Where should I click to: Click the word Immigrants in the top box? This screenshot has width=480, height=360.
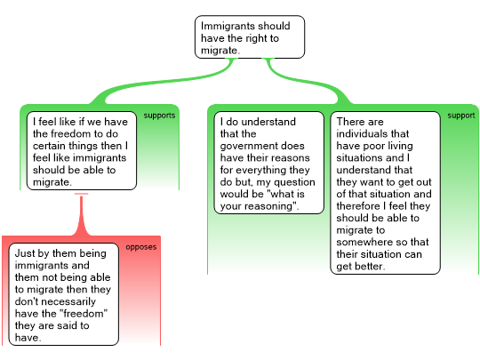coord(227,27)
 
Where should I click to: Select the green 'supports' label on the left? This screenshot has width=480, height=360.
coord(159,116)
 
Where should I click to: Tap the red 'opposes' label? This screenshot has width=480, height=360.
coord(140,247)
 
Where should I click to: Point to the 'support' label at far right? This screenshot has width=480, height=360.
coord(461,116)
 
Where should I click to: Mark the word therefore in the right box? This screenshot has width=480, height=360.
coord(358,206)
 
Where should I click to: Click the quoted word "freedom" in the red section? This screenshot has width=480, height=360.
coord(83,314)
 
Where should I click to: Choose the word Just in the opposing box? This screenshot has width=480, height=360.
coord(23,253)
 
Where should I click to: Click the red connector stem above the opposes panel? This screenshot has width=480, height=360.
coord(81,214)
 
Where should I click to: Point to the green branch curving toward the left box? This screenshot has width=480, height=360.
coord(164,81)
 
